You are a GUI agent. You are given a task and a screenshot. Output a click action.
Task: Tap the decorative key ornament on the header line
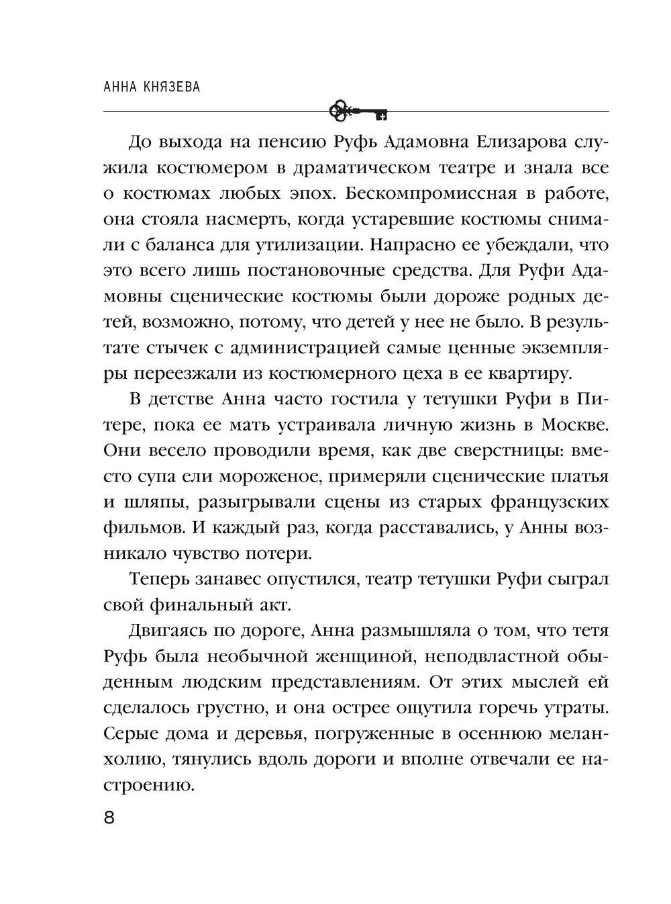point(359,111)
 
